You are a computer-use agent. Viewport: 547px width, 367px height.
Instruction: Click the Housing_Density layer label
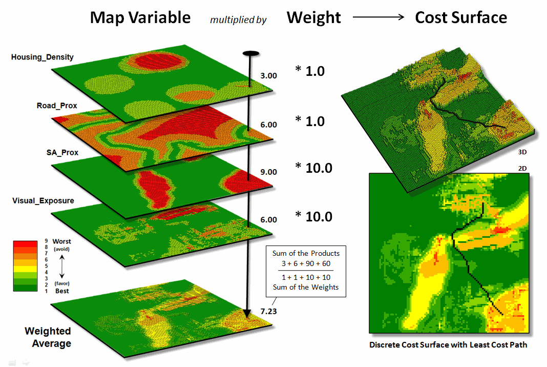(x=42, y=57)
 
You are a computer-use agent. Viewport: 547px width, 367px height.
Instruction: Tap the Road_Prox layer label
(x=57, y=106)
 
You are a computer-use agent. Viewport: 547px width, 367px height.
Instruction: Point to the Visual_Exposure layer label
(x=43, y=200)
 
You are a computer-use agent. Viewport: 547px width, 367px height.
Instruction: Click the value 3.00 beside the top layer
(x=268, y=75)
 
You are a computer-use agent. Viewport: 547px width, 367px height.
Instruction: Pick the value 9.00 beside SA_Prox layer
(x=268, y=172)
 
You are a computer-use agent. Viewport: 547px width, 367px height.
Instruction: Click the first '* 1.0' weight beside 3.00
(x=310, y=71)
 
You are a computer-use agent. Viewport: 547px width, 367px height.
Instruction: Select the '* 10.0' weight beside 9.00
(x=313, y=167)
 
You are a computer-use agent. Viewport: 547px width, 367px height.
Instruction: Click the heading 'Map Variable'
(x=140, y=18)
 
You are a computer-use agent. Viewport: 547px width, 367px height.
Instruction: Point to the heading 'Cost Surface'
(x=461, y=18)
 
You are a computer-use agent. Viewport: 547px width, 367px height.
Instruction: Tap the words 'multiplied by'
(x=238, y=21)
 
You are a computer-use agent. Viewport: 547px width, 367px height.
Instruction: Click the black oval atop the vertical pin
(x=250, y=53)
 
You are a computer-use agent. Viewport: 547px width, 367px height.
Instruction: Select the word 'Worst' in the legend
(x=61, y=241)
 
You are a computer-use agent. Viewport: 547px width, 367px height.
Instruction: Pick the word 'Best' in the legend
(x=61, y=291)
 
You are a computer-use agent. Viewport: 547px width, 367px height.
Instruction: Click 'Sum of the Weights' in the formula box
(x=306, y=287)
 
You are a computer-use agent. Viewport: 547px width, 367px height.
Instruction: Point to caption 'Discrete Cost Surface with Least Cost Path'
(x=448, y=345)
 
